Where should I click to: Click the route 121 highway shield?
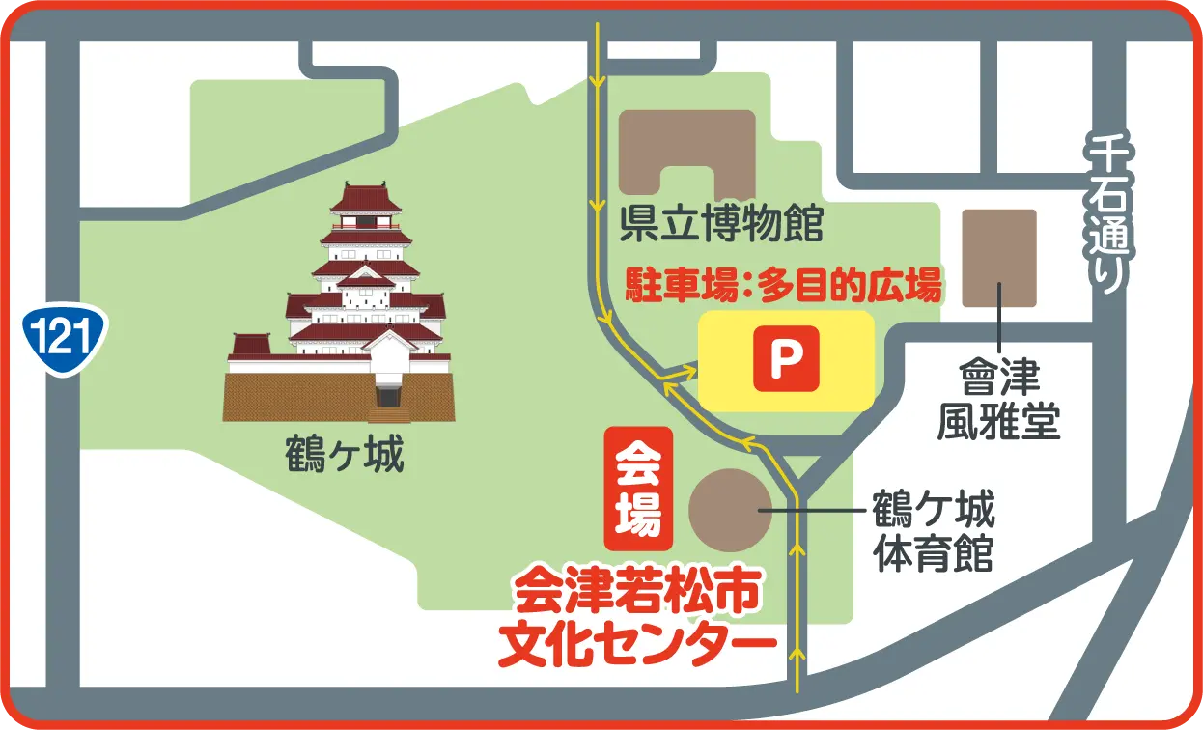click(65, 336)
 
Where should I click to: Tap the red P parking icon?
click(786, 359)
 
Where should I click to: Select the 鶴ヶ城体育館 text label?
click(933, 531)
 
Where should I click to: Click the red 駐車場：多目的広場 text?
click(783, 286)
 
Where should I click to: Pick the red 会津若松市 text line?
click(637, 592)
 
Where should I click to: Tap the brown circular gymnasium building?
click(730, 510)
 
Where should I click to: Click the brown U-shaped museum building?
click(686, 151)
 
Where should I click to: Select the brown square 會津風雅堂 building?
click(999, 258)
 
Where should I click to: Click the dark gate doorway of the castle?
click(387, 395)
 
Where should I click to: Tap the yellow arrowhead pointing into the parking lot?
click(689, 370)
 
